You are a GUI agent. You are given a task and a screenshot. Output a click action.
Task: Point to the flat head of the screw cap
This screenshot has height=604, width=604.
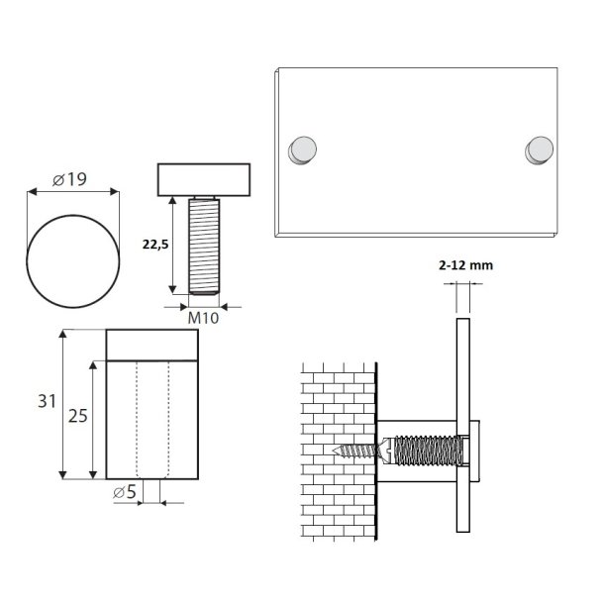pyautogui.click(x=206, y=179)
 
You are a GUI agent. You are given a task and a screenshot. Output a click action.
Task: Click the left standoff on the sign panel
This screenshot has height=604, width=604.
pyautogui.click(x=302, y=150)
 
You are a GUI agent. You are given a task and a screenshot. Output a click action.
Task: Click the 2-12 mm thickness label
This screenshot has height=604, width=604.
pyautogui.click(x=464, y=265)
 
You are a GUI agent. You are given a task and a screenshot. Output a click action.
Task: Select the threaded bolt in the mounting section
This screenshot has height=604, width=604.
pyautogui.click(x=426, y=453)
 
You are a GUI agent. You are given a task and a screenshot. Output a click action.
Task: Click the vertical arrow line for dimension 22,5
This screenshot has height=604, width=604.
pyautogui.click(x=174, y=244)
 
